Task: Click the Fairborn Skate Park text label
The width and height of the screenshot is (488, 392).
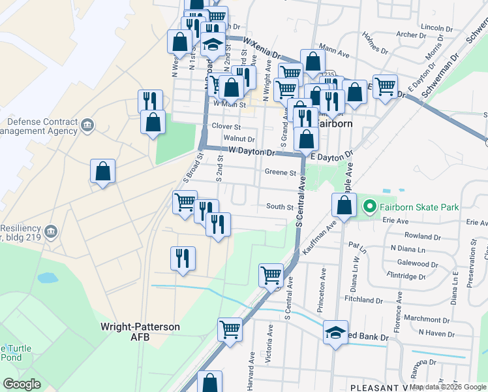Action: coord(419,207)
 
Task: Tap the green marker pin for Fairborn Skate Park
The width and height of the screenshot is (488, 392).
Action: coord(370,207)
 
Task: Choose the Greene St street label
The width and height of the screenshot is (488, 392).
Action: coord(281,172)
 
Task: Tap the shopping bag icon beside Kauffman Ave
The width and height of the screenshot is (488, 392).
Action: coord(344,205)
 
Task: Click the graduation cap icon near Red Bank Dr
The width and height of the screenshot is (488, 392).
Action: coord(335,333)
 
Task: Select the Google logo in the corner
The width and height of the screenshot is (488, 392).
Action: coord(22,384)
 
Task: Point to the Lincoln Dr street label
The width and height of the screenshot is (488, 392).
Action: coord(436,28)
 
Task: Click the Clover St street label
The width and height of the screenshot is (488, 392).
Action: coord(226,126)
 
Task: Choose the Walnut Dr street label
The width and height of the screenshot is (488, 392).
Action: coord(238,139)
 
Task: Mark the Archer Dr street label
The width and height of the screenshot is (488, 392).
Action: coord(410,35)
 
